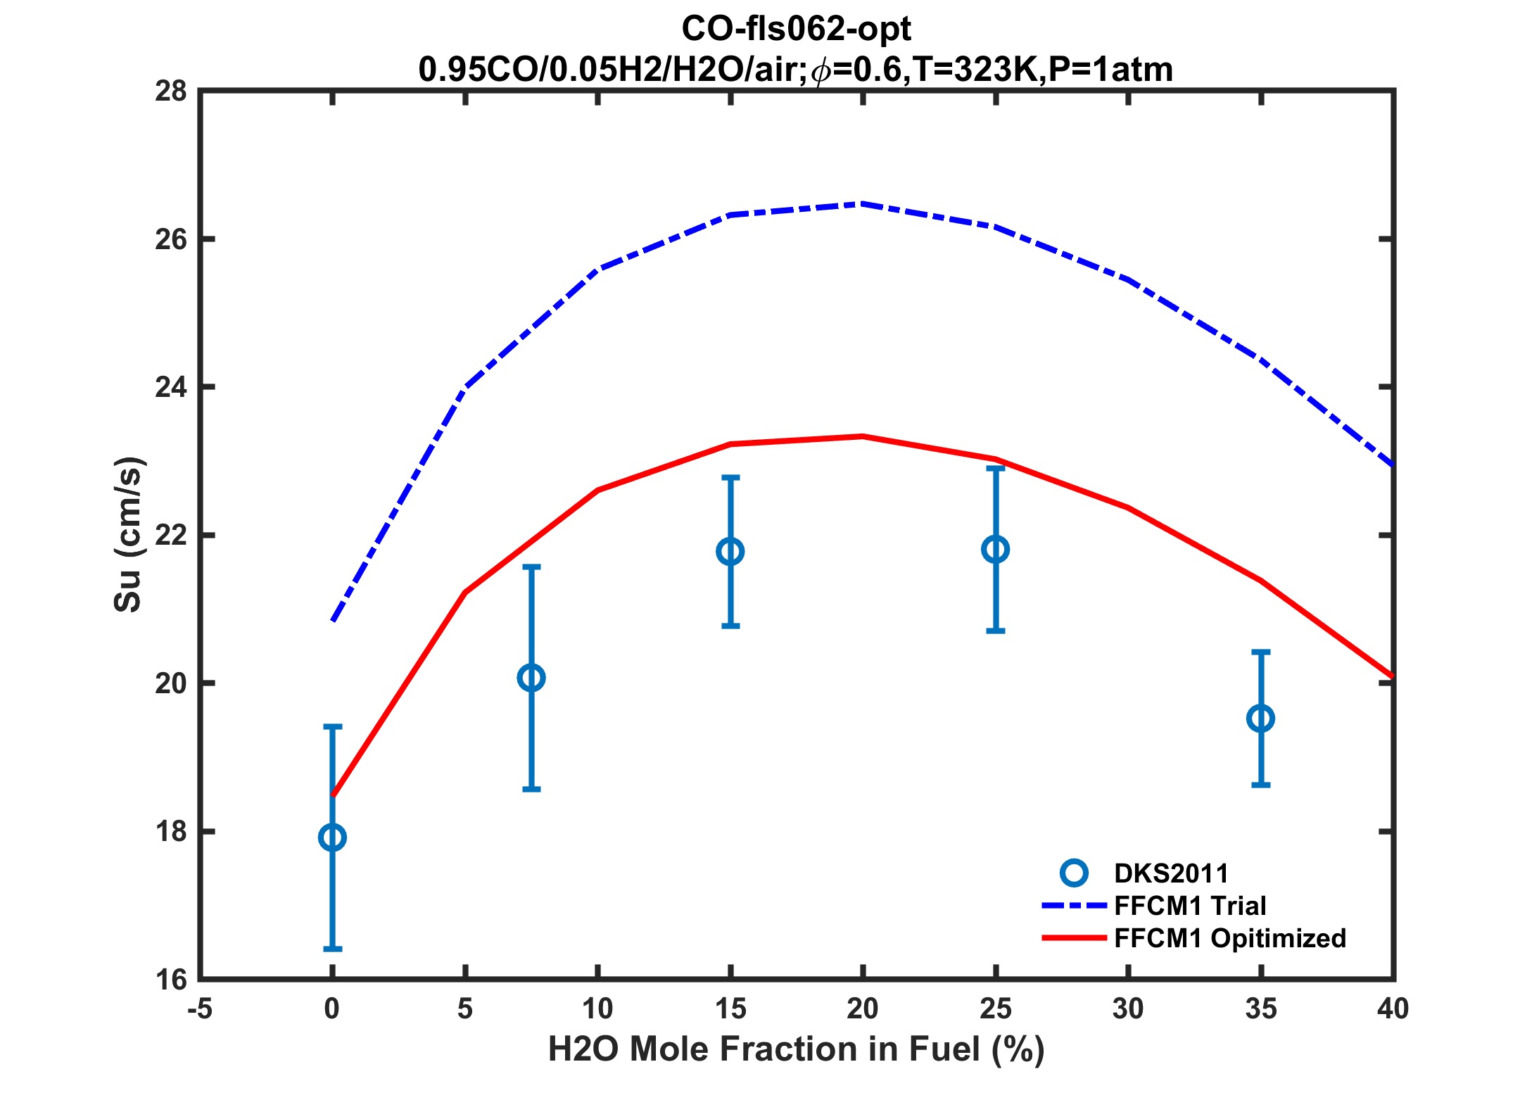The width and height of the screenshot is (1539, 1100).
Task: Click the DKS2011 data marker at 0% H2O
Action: pyautogui.click(x=332, y=837)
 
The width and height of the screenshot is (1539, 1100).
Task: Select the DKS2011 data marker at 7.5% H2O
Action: pyautogui.click(x=531, y=678)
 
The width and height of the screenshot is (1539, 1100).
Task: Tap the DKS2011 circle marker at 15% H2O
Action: pyautogui.click(x=730, y=552)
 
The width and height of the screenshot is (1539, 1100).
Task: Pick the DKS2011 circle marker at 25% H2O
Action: pyautogui.click(x=995, y=550)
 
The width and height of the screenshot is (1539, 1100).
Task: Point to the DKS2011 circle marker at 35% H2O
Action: pyautogui.click(x=1260, y=719)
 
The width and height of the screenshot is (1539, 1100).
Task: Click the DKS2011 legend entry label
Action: pyautogui.click(x=1171, y=873)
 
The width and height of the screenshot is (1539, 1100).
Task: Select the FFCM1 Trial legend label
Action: pyautogui.click(x=1190, y=906)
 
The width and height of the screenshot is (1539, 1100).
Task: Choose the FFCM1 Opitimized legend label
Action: pyautogui.click(x=1230, y=938)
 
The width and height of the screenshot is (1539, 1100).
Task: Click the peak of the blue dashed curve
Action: pyautogui.click(x=863, y=204)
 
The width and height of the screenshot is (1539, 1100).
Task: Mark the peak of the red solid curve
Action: pyautogui.click(x=863, y=436)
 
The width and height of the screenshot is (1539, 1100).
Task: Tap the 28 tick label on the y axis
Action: pyautogui.click(x=171, y=91)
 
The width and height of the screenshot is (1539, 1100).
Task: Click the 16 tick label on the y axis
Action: pyautogui.click(x=171, y=980)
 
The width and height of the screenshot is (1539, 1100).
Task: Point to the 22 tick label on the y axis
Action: pyautogui.click(x=171, y=536)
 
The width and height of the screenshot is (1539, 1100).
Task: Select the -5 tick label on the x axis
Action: pyautogui.click(x=200, y=1010)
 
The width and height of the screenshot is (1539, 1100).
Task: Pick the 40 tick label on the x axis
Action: pyautogui.click(x=1393, y=1010)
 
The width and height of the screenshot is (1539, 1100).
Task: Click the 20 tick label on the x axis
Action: pyautogui.click(x=863, y=1010)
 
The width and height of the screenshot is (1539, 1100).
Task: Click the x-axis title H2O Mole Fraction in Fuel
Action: pyautogui.click(x=796, y=1050)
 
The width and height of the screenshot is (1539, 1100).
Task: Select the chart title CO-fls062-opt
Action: pyautogui.click(x=796, y=30)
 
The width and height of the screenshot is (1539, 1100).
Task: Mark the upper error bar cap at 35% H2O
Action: pyautogui.click(x=1260, y=652)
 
